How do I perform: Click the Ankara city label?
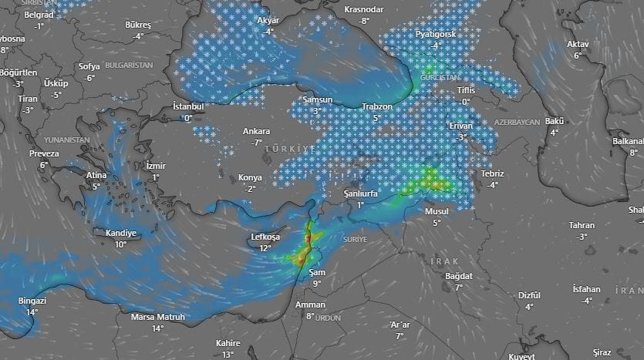click(x=257, y=131)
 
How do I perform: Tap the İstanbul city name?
click(x=188, y=106)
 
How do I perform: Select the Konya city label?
click(x=250, y=177)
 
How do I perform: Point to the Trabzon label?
click(x=377, y=106)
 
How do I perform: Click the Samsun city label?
click(x=317, y=100)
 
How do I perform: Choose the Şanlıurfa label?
click(x=359, y=194)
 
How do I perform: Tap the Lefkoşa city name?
click(x=265, y=237)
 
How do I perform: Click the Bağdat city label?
click(x=458, y=276)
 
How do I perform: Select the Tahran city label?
click(x=581, y=225)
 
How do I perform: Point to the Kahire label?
click(x=228, y=343)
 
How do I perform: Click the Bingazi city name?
click(x=32, y=301)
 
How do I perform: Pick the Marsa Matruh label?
click(x=158, y=316)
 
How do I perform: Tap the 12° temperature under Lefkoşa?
click(x=265, y=248)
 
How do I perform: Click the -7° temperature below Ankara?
click(x=257, y=143)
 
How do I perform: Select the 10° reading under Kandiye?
click(x=120, y=244)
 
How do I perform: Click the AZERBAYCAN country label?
click(x=517, y=123)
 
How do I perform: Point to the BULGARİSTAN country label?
click(x=129, y=66)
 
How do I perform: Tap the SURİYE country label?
click(x=356, y=240)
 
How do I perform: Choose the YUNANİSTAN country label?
click(x=67, y=140)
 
